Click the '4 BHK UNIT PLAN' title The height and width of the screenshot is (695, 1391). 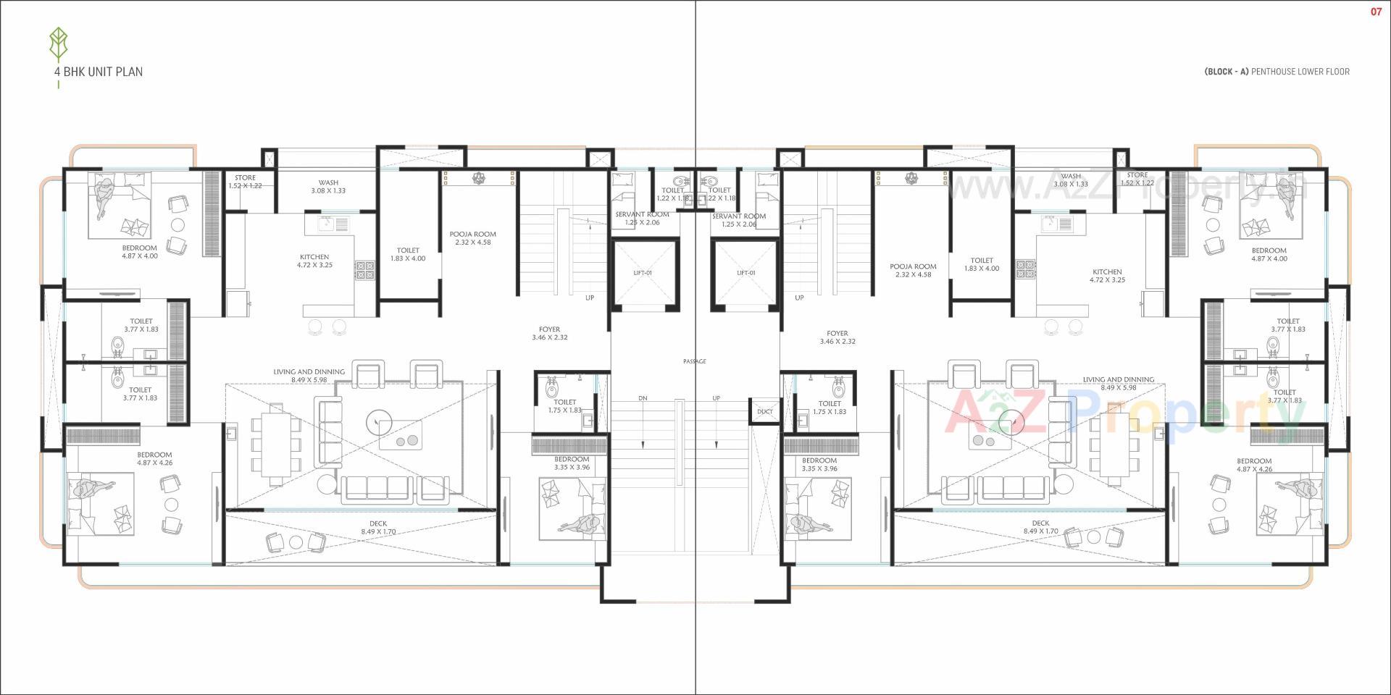98,72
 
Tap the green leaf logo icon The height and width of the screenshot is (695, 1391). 58,45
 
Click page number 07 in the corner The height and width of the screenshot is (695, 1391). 1376,12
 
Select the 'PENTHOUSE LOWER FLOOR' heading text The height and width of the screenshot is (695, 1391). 1300,72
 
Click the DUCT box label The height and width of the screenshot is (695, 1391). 764,411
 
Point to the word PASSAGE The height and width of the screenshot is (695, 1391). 694,361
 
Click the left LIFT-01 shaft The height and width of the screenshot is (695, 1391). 643,273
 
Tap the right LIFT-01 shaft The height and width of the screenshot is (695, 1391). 745,273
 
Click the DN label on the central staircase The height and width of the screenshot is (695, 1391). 643,398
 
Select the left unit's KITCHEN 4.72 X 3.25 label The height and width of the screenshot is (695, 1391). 314,261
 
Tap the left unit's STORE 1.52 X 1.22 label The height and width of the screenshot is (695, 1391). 245,182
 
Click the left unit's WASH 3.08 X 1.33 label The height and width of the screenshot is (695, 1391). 328,187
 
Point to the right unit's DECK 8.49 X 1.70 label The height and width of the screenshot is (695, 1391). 1040,527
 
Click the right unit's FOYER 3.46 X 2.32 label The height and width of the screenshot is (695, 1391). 837,337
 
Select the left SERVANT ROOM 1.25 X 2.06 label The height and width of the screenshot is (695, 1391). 642,219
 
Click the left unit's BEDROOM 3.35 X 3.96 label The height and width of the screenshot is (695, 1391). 572,463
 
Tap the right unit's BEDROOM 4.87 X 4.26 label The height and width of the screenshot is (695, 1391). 1254,465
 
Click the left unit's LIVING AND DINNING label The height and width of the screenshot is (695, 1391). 309,376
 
